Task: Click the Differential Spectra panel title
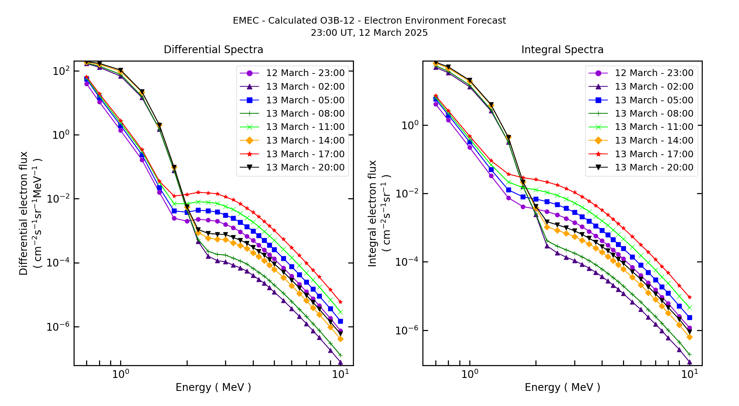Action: coord(214,50)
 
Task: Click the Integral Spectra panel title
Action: coord(562,50)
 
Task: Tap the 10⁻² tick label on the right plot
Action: coord(407,193)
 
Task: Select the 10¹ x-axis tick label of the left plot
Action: coord(340,374)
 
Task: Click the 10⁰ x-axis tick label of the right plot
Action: coord(470,374)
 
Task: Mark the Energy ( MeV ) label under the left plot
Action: coord(213,387)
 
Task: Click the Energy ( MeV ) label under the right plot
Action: coord(562,387)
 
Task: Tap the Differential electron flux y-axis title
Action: coord(24,213)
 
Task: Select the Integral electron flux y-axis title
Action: coord(372,213)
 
